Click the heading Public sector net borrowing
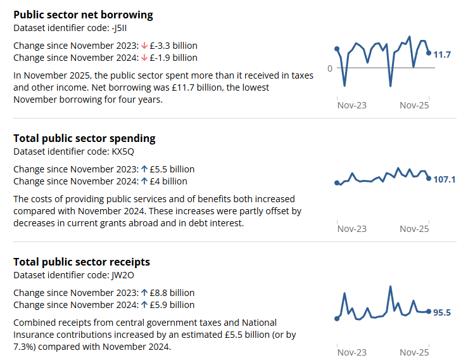83,15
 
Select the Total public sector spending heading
84,138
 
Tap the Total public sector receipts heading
82,262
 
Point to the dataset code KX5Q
123,151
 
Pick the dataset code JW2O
123,275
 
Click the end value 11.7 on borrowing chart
442,55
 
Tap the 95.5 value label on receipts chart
441,312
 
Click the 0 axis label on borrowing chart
329,68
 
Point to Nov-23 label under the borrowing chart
351,105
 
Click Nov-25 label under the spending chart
414,229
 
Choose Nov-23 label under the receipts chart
351,352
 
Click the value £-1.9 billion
174,58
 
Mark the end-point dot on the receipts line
429,311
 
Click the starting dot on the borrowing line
337,49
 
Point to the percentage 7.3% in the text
25,347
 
